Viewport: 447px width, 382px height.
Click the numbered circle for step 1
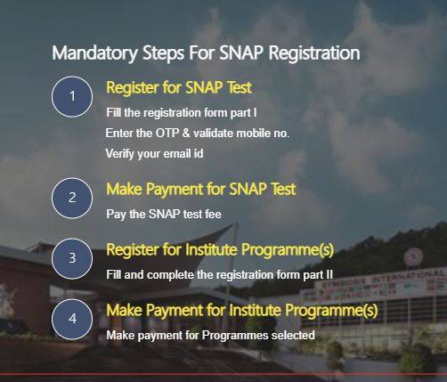[72, 97]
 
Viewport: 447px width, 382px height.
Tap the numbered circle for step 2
[72, 198]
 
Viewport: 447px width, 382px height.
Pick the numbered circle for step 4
[72, 318]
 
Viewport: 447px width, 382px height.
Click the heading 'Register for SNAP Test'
[178, 88]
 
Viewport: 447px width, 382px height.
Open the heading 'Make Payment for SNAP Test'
[200, 190]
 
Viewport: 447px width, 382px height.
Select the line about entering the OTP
[197, 133]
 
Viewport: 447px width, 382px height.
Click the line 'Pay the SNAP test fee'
[162, 214]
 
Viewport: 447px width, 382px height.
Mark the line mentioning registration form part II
[218, 274]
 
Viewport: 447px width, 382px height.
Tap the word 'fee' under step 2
[211, 214]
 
